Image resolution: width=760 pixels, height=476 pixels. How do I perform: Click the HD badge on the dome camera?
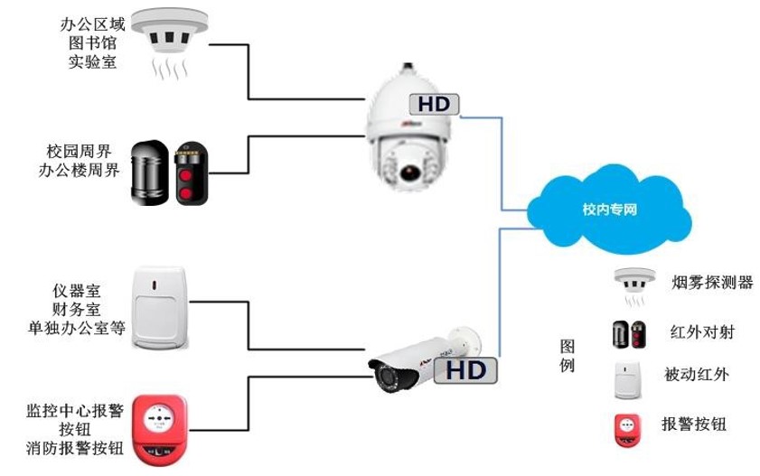click(435, 104)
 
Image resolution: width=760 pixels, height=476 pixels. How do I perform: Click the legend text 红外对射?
click(702, 332)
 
